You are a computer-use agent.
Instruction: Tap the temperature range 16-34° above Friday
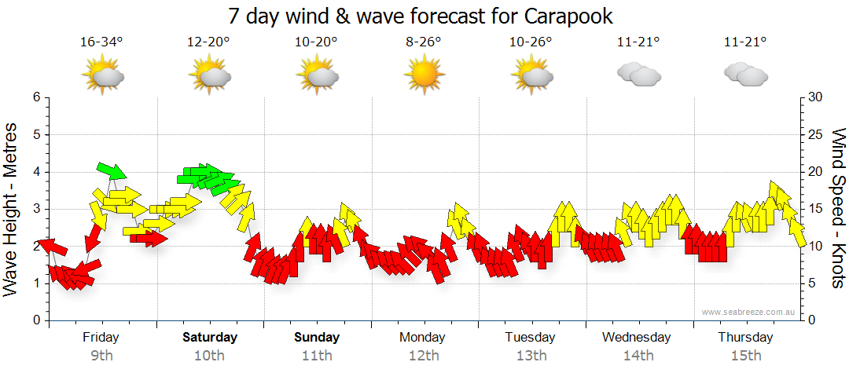(101, 42)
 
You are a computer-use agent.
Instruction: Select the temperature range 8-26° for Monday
(424, 42)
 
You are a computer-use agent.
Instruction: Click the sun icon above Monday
(424, 75)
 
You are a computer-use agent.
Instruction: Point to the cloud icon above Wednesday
(638, 75)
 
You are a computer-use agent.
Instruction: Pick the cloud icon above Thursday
(745, 75)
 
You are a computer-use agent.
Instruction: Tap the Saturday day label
(210, 338)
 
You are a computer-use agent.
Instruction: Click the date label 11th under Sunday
(317, 356)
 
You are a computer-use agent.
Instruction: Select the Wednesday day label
(637, 338)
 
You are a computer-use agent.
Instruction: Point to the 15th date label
(745, 356)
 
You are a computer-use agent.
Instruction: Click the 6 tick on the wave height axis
(35, 97)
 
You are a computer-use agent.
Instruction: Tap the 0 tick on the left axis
(35, 320)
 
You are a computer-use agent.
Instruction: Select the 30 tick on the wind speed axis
(816, 97)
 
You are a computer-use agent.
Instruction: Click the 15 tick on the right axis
(816, 209)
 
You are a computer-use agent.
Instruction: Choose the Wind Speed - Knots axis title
(838, 209)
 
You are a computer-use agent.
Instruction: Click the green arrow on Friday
(111, 170)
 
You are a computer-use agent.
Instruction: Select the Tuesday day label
(530, 338)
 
